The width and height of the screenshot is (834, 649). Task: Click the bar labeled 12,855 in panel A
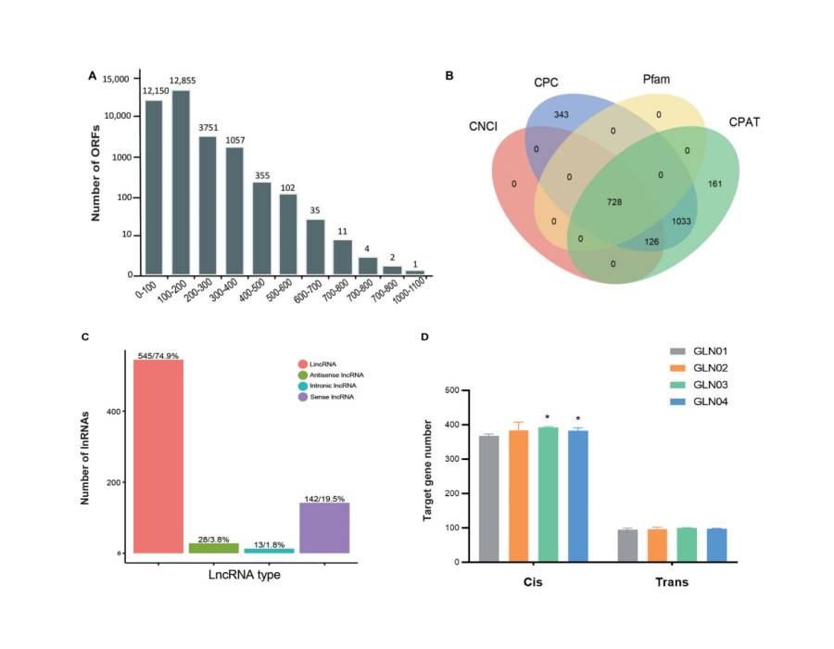(180, 182)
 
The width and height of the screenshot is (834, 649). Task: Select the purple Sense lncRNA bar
(323, 528)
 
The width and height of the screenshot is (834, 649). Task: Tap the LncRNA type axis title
(243, 575)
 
